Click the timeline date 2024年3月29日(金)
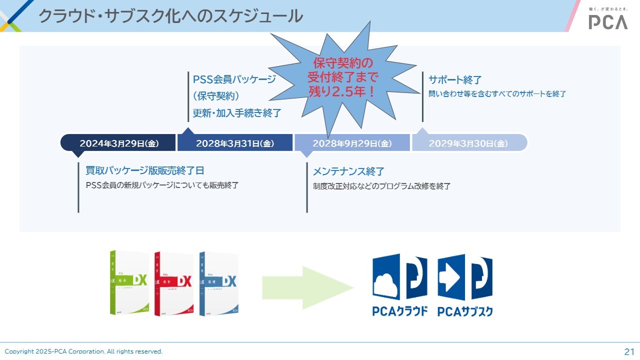coord(118,143)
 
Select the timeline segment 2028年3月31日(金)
coord(235,143)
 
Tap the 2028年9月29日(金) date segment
coord(352,143)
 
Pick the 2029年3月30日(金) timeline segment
coord(468,143)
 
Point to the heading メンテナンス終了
coord(348,171)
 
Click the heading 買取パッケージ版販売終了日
coord(145,170)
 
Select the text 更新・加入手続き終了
coord(237,113)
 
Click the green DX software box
coord(129,282)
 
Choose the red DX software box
coord(174,283)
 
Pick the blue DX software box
coord(218,283)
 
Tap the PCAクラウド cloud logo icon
coord(399,277)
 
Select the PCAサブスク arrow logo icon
coord(465,277)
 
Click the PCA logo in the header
coord(607,21)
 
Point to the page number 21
coord(629,351)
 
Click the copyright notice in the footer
coord(83,351)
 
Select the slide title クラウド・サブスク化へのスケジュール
coord(170,16)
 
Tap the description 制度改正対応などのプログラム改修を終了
coord(381,186)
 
